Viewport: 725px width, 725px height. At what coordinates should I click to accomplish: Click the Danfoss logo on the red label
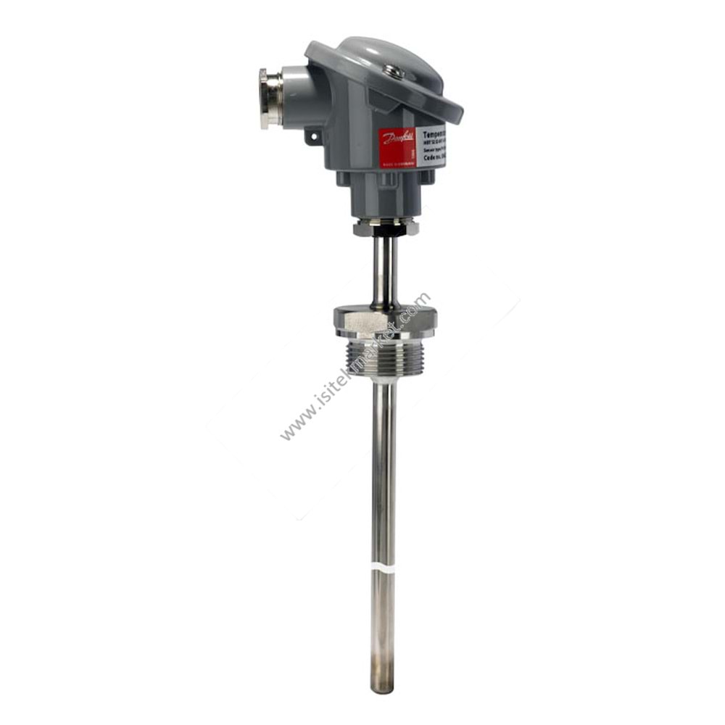397,138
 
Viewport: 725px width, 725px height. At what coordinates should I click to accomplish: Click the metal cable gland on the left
270,97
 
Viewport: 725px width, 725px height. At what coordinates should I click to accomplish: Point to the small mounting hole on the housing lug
312,136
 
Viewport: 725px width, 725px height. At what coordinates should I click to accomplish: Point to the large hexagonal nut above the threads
384,319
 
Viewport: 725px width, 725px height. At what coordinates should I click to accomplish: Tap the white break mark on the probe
384,567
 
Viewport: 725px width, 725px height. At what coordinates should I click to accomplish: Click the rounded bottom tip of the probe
383,685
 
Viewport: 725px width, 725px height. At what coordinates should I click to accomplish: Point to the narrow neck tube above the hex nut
384,272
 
